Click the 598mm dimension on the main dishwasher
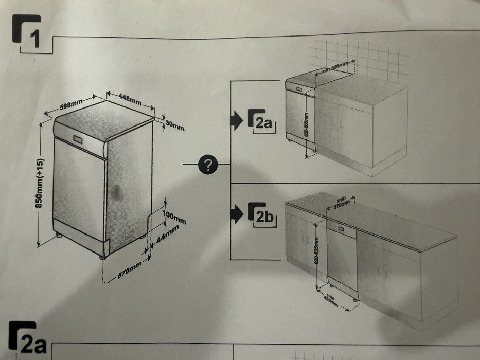tap(70, 105)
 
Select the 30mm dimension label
tap(175, 125)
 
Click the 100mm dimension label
tap(173, 217)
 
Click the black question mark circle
tap(208, 165)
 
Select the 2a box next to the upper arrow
tap(261, 121)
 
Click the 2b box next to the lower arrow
tap(262, 214)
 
